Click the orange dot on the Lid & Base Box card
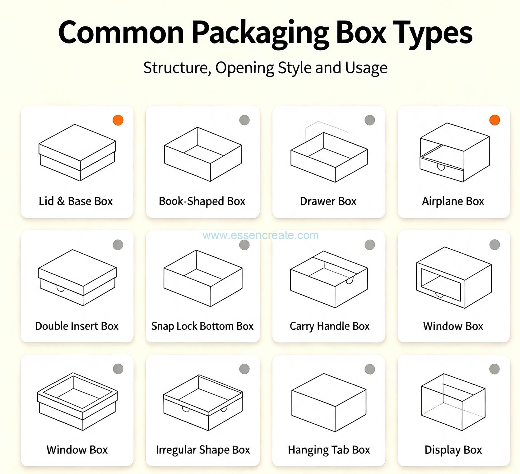click(x=118, y=120)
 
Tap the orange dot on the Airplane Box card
click(x=494, y=120)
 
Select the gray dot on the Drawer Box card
click(x=369, y=120)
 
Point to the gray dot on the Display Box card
click(x=494, y=369)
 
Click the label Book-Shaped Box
click(x=202, y=201)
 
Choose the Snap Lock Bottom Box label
click(x=202, y=326)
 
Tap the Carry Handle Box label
click(x=330, y=326)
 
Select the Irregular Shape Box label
click(x=203, y=450)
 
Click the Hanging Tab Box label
click(x=329, y=450)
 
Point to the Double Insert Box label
click(x=77, y=326)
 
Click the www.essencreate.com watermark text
click(x=261, y=235)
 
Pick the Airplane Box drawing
click(x=454, y=152)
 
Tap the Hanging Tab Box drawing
click(x=329, y=403)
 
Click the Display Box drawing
click(x=453, y=402)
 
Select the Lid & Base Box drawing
click(x=77, y=153)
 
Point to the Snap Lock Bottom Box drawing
click(x=203, y=278)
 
